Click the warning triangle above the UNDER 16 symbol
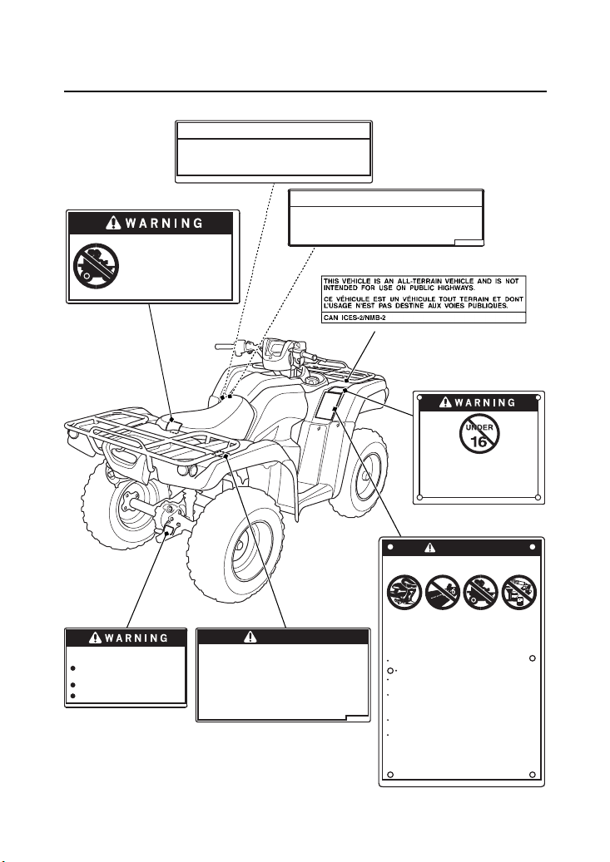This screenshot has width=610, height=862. tap(445, 402)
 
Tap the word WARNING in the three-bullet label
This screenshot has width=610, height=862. tap(136, 638)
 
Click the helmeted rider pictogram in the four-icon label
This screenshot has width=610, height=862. tap(404, 592)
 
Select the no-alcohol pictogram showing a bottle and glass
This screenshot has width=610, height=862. tap(519, 592)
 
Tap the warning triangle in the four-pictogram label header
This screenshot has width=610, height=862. tap(430, 547)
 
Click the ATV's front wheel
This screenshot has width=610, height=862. tap(236, 540)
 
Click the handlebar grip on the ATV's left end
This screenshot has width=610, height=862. tap(225, 347)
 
